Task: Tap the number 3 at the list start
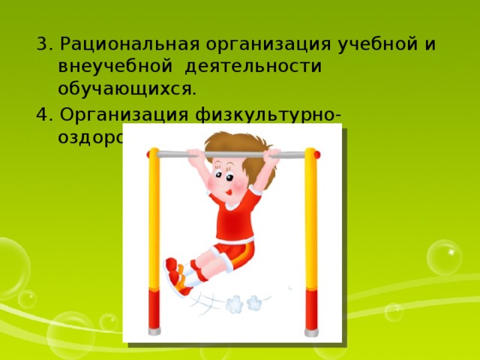click(x=42, y=43)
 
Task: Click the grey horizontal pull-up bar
click(x=232, y=155)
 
